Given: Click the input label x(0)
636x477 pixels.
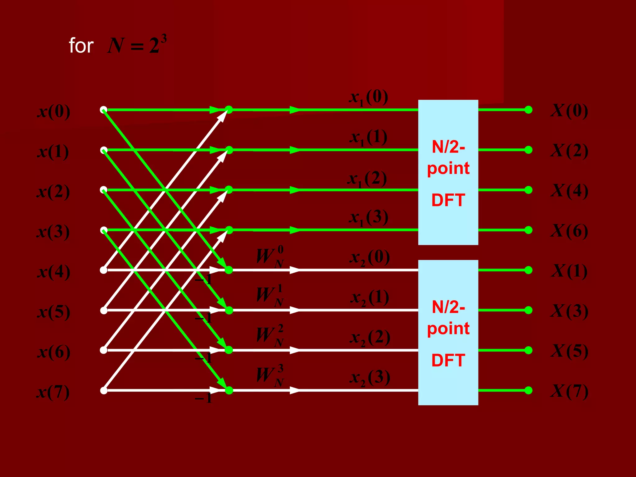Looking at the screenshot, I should coord(54,112).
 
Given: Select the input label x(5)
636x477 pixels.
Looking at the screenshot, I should coord(54,312).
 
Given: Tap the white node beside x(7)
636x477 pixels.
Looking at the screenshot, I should coord(104,390).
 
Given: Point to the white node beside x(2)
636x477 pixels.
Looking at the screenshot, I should coord(104,190).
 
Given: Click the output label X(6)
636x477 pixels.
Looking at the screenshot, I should coord(569,231).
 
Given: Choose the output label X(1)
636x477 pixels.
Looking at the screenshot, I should coord(569,271).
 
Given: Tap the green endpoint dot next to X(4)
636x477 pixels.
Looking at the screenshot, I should coord(528,190).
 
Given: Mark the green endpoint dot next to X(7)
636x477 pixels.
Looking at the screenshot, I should coord(528,390).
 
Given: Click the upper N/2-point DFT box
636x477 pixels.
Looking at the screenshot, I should coord(448,172).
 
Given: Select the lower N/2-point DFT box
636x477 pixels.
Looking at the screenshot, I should coord(448,332).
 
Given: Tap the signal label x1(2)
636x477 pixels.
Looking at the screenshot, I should coord(367,179).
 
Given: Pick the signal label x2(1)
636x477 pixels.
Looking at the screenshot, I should coord(370,298).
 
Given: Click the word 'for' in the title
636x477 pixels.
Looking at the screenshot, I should coord(81,46).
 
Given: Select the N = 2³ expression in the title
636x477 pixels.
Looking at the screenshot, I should coord(137,45).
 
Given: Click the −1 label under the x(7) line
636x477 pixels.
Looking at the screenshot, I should coord(203,398).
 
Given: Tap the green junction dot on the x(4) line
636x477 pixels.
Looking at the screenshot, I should coord(229,270).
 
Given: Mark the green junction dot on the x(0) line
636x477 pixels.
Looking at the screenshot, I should coord(229,110).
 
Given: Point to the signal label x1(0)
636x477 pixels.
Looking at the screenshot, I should coord(368,98).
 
